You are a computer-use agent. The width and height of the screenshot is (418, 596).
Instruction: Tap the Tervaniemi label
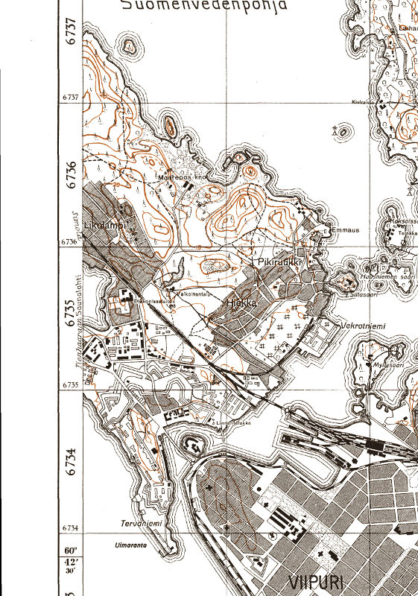tap(141, 524)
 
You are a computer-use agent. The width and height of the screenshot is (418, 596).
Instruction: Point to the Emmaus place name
tap(345, 230)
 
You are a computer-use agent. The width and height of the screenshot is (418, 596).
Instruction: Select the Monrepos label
tap(181, 178)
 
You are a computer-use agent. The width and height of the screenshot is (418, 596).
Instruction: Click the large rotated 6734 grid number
tap(71, 461)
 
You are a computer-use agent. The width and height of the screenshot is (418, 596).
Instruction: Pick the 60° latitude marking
tap(69, 552)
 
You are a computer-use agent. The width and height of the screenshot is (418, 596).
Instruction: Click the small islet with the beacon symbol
tap(342, 132)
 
